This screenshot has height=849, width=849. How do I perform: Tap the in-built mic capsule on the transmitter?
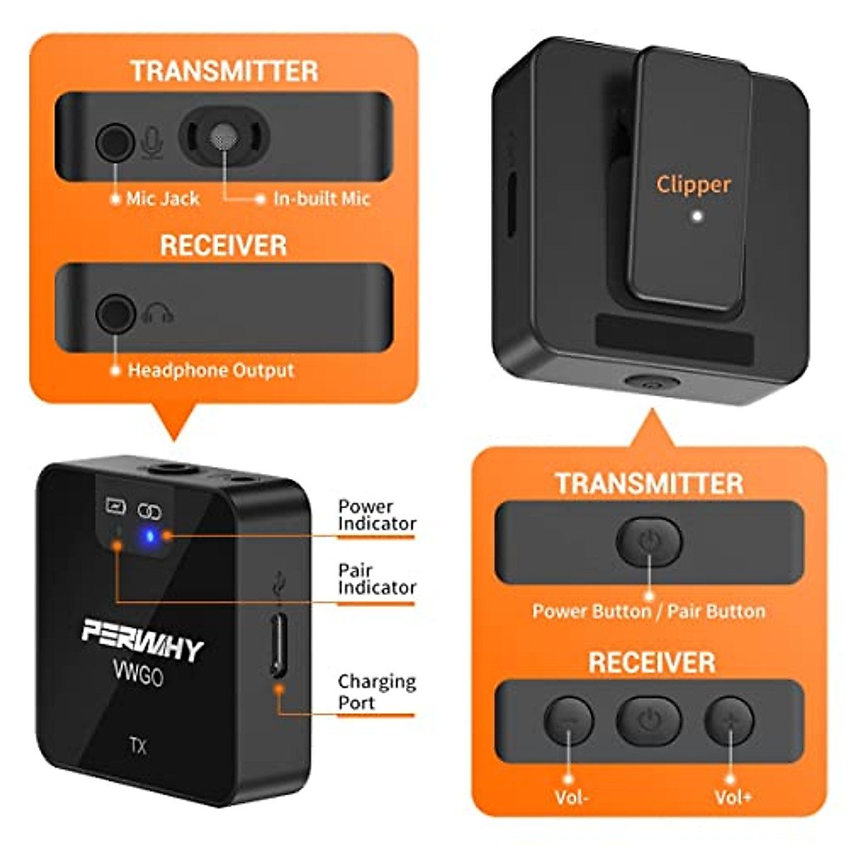[224, 136]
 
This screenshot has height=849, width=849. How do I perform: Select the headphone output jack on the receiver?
[115, 313]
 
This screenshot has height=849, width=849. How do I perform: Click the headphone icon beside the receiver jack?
[157, 313]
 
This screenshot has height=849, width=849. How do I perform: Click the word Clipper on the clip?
[693, 184]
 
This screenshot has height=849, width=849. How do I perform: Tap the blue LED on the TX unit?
[149, 536]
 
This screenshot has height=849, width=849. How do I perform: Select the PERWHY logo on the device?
[142, 638]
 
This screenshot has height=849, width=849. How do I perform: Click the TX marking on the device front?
[138, 746]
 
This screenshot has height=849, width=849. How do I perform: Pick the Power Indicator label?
[376, 515]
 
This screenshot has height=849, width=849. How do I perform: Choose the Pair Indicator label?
[376, 579]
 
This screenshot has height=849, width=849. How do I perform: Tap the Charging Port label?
[376, 691]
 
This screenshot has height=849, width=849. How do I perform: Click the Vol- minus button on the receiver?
[568, 721]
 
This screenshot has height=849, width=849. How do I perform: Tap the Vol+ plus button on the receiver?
[729, 721]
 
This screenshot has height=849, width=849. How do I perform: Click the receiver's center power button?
[649, 721]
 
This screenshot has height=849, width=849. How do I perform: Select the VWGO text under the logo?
[138, 673]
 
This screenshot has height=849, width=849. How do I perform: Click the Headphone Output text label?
[210, 370]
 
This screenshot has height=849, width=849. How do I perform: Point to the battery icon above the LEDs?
[115, 506]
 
